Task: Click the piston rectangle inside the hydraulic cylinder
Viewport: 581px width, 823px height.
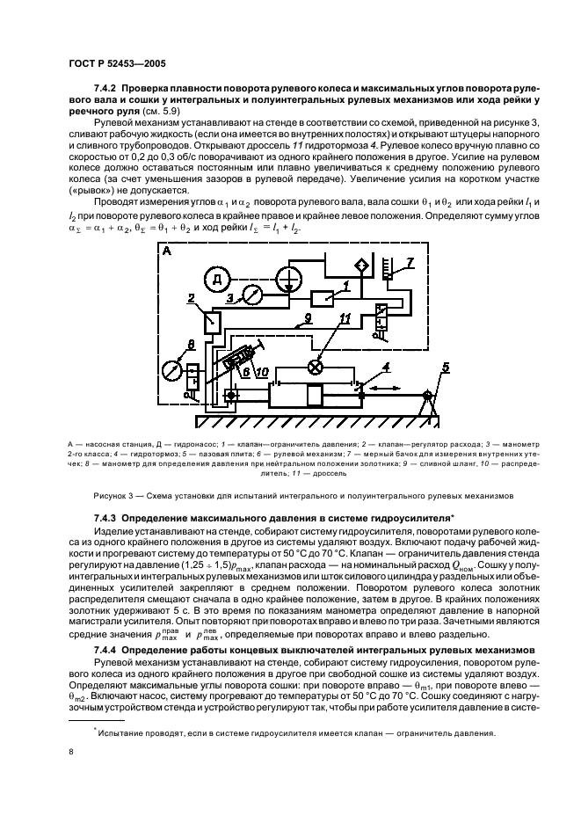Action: [x=314, y=397]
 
